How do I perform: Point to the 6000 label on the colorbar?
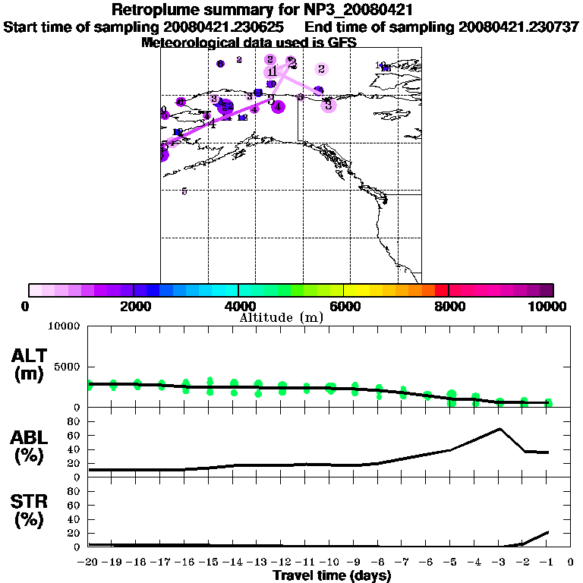343,306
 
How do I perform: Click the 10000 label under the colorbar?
548,306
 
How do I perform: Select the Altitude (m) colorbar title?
281,317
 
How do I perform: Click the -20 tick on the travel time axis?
88,562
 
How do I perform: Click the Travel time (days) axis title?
332,576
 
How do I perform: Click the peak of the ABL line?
499,429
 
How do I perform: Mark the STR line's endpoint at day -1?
547,532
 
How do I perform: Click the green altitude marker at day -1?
547,402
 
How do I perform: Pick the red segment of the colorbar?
441,290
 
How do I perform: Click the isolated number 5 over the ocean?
184,191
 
